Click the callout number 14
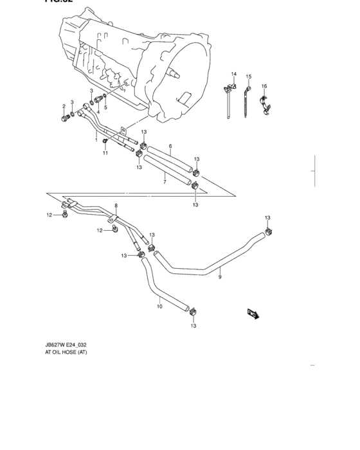(234, 74)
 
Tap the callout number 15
(248, 76)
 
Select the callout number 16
(264, 85)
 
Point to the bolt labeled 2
(65, 118)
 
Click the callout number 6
(170, 147)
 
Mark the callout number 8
(116, 205)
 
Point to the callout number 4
(98, 112)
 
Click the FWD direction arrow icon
(252, 314)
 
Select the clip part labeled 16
(263, 104)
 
